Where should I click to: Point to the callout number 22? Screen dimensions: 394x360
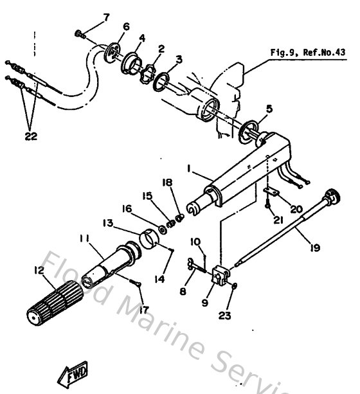pos(32,136)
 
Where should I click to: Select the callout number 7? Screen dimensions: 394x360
pos(107,16)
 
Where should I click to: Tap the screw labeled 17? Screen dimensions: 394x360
pos(136,282)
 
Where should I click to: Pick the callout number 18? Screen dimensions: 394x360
pos(168,183)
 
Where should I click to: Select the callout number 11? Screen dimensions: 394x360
pos(85,239)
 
